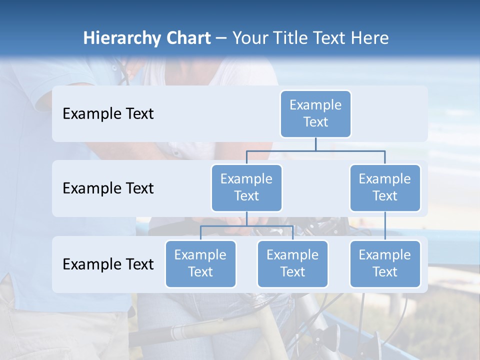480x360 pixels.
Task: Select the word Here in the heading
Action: click(x=370, y=38)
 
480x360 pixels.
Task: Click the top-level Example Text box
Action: click(x=315, y=113)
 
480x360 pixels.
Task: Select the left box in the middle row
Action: click(x=246, y=187)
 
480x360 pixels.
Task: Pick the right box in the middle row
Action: click(x=385, y=187)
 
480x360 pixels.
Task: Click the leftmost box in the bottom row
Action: click(x=200, y=263)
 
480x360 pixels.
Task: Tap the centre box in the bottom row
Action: click(x=292, y=263)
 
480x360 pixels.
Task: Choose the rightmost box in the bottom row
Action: click(x=385, y=263)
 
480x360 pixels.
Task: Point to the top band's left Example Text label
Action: click(x=108, y=114)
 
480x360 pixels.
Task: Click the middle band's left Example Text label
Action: click(x=108, y=188)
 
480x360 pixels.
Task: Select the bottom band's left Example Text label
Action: click(x=108, y=264)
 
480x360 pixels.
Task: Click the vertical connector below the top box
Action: click(x=315, y=144)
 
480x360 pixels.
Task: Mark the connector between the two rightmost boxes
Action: click(x=385, y=226)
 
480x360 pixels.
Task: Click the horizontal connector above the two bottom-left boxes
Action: click(x=246, y=226)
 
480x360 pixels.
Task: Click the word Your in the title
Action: click(x=248, y=38)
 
